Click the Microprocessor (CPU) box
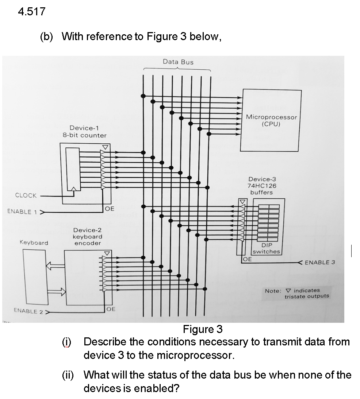(271, 120)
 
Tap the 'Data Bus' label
(178, 62)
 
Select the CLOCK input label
(26, 195)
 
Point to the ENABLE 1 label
(19, 212)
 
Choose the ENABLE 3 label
(319, 262)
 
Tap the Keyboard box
(35, 277)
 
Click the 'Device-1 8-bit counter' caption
(84, 132)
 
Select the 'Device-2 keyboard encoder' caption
(88, 237)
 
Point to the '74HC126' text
(262, 186)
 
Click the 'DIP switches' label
(266, 248)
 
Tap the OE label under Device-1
(110, 209)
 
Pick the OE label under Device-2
(111, 309)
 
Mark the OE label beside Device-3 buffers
(247, 259)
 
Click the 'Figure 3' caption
(203, 329)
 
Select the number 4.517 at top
(31, 12)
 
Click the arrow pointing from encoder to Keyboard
(55, 267)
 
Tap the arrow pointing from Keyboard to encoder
(56, 291)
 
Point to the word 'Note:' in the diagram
(273, 291)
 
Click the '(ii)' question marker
(67, 375)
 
